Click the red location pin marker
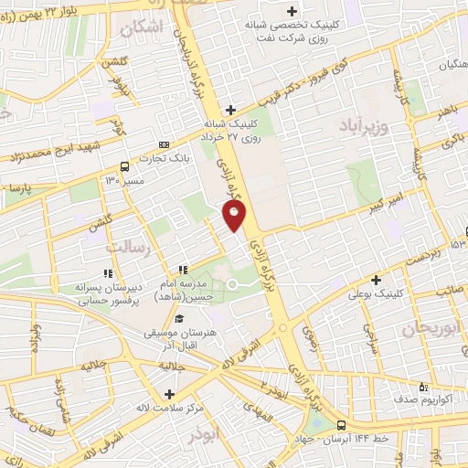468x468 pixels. [x=235, y=216]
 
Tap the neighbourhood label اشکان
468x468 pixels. [x=165, y=28]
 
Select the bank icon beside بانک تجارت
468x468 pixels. [x=164, y=144]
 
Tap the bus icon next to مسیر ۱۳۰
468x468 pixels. [x=124, y=166]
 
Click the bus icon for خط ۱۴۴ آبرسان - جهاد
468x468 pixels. [x=341, y=425]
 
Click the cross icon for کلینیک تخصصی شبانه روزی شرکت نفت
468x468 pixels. [x=292, y=12]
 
